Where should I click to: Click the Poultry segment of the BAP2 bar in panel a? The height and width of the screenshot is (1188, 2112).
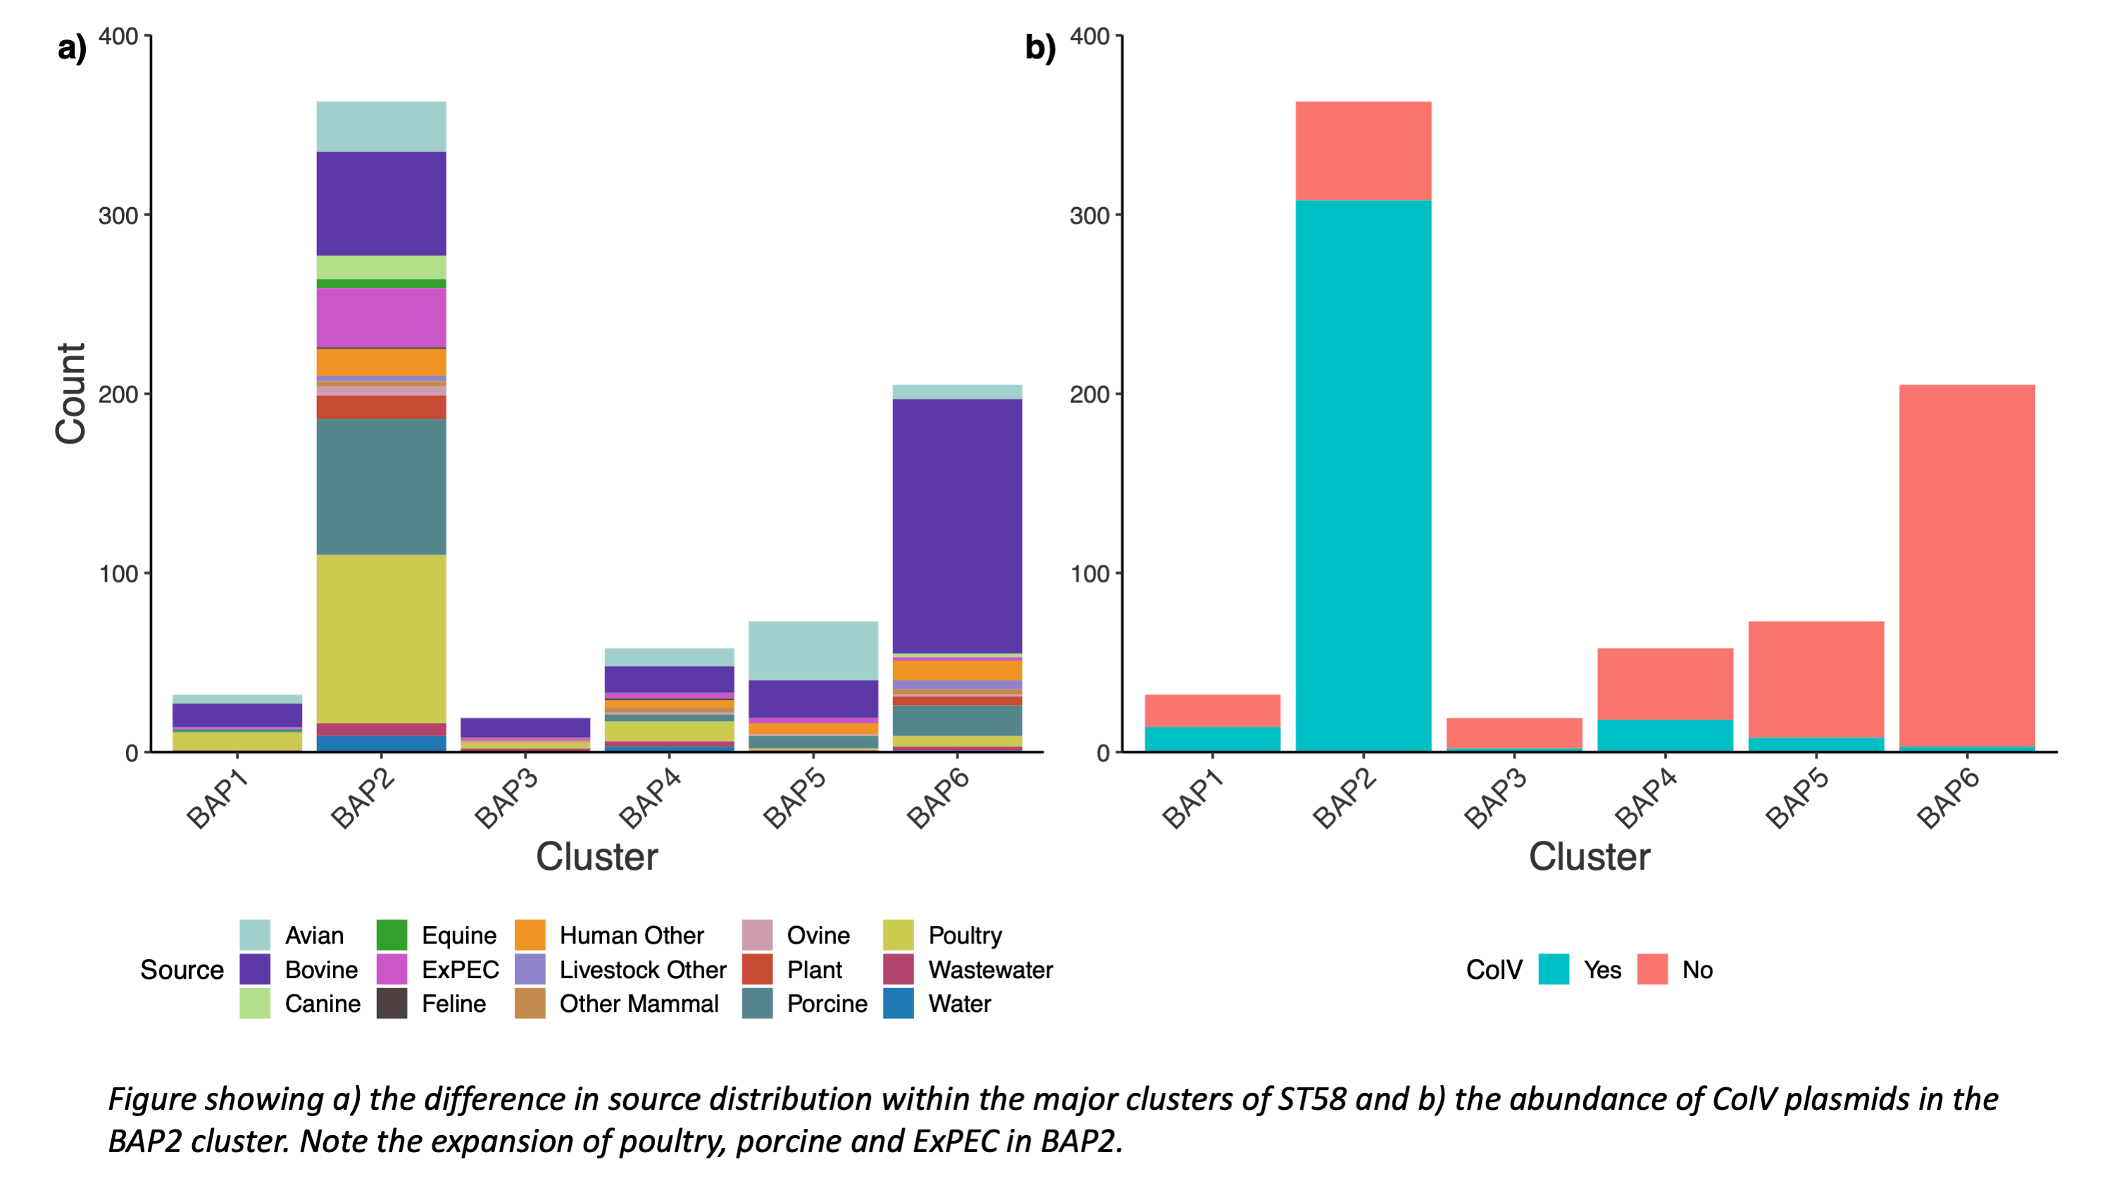point(381,639)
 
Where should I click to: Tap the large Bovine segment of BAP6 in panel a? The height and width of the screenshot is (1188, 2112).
point(957,525)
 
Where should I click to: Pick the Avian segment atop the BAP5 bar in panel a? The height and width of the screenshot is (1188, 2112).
point(813,650)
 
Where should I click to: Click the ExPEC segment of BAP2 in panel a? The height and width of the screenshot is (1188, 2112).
point(381,318)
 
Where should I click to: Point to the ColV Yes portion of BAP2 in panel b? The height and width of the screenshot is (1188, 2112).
point(1363,475)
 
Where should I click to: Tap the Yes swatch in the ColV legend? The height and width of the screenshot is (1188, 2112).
point(1554,969)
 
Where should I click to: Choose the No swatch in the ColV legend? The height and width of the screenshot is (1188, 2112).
point(1652,969)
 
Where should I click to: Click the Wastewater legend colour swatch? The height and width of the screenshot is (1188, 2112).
point(898,969)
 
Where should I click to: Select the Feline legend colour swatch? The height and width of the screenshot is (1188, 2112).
point(392,1003)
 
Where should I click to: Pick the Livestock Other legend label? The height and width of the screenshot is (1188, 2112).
point(643,969)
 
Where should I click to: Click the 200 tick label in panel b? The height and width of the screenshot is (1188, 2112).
point(1089,394)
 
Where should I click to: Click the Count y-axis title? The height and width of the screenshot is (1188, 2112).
point(70,394)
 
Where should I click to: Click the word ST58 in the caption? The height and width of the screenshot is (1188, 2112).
point(1312,1099)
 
